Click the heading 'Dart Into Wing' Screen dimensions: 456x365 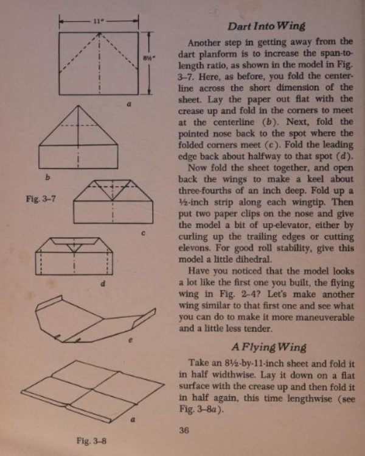(x=265, y=27)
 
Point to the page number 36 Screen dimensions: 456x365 (x=186, y=430)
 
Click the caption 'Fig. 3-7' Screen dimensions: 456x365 (x=38, y=199)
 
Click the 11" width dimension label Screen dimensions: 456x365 (x=99, y=20)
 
